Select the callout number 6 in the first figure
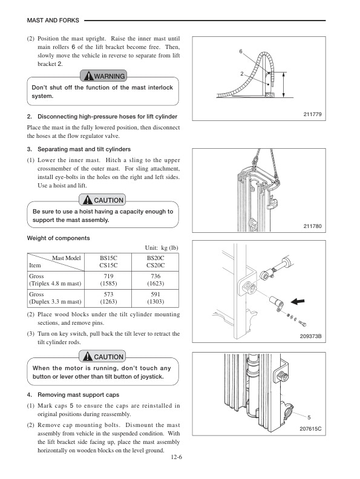[x=240, y=52]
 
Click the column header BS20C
[x=155, y=258]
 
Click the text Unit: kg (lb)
[x=162, y=247]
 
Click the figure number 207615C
[x=309, y=428]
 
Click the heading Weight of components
[x=59, y=238]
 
